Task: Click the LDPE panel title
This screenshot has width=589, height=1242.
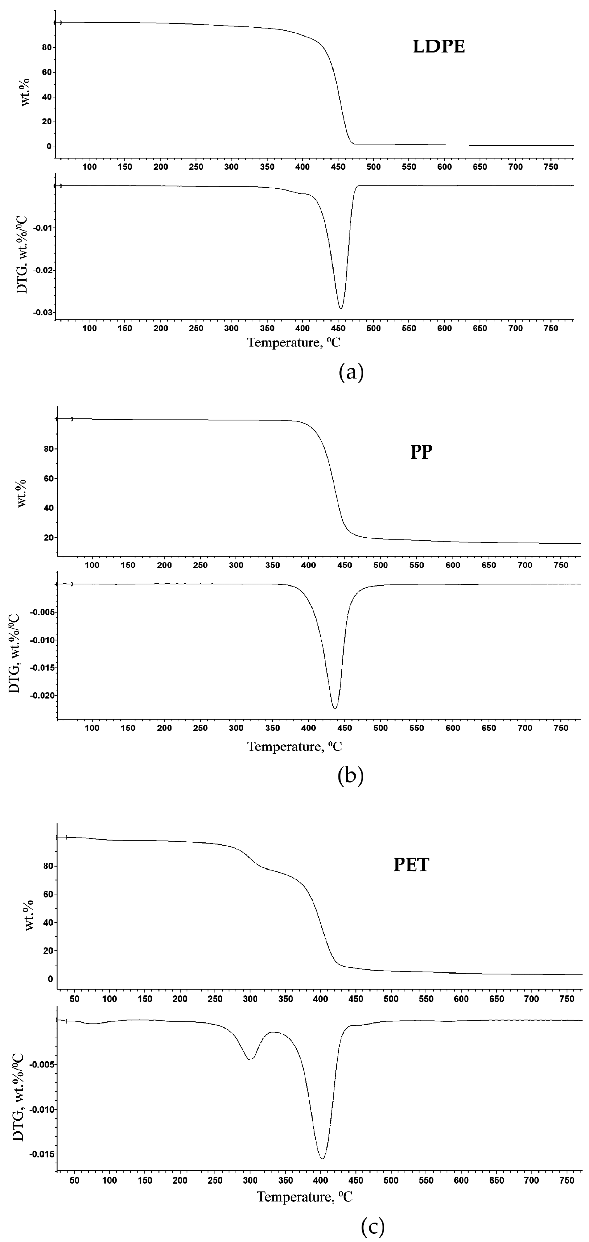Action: (x=439, y=47)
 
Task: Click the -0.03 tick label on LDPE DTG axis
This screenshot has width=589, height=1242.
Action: (x=43, y=313)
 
